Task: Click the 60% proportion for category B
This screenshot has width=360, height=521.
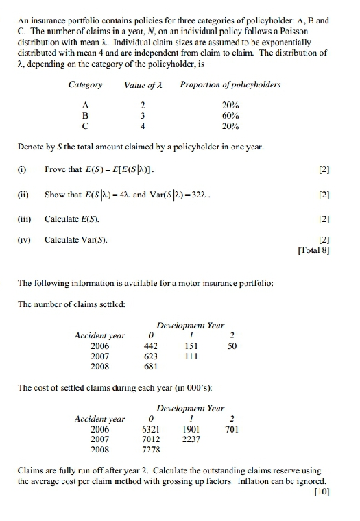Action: (230, 115)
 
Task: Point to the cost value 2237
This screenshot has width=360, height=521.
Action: (193, 439)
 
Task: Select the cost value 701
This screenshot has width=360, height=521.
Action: (232, 429)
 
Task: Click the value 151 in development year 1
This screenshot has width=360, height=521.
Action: (193, 346)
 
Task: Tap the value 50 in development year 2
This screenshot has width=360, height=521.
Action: (232, 346)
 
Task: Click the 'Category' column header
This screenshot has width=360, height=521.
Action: (85, 84)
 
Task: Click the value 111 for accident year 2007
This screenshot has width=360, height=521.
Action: (193, 356)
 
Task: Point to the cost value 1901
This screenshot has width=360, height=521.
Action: (193, 429)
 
